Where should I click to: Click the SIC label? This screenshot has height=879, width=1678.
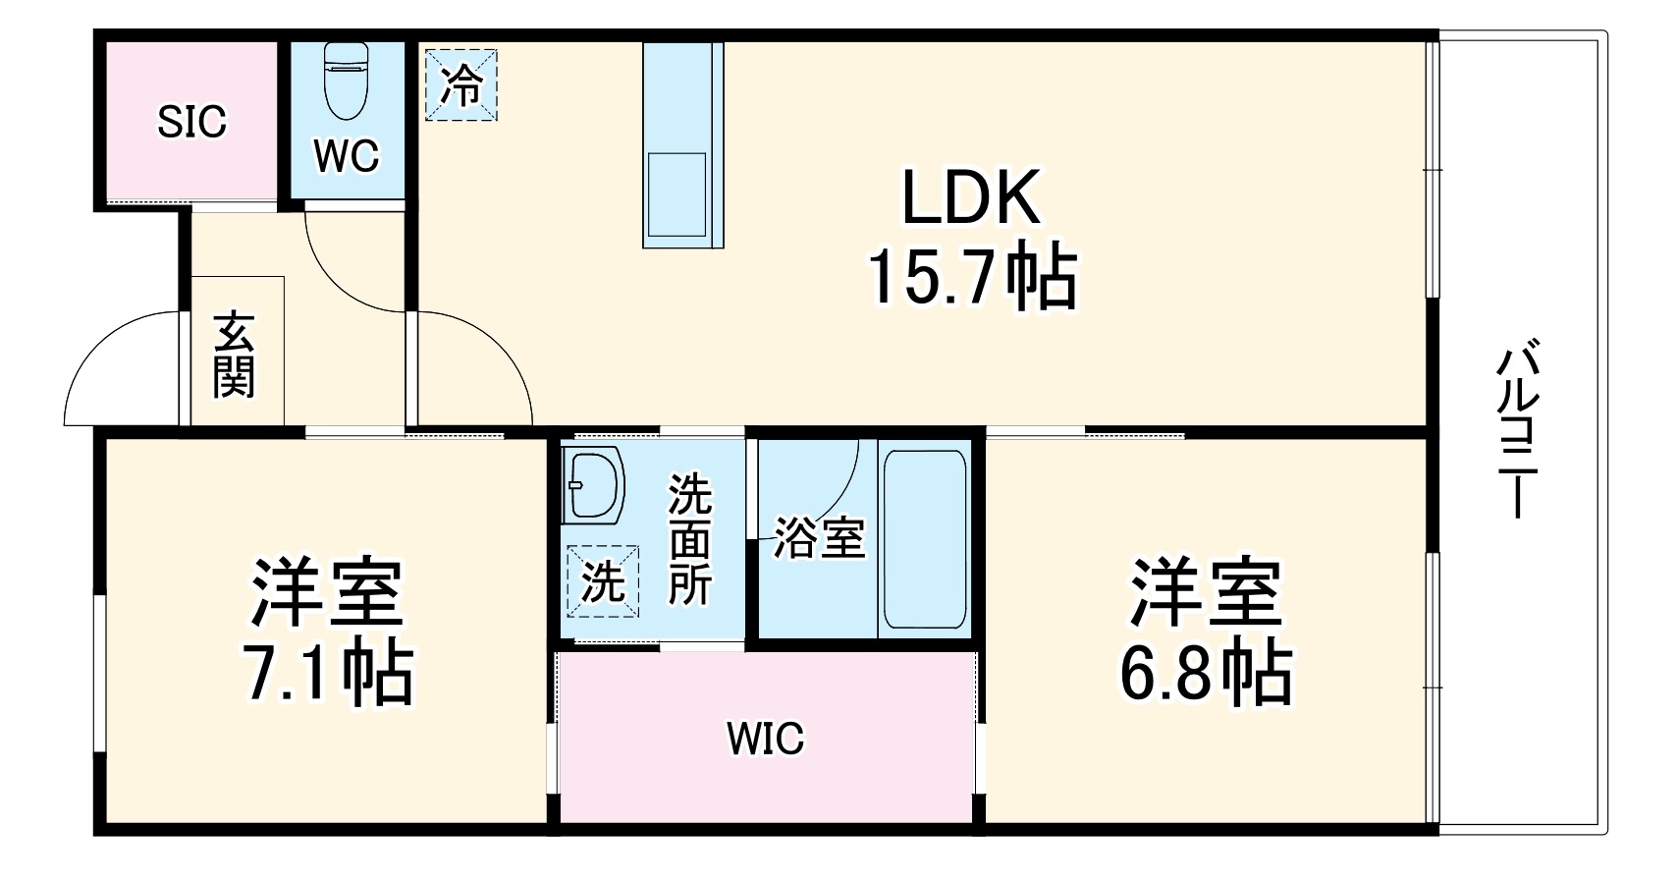tap(192, 122)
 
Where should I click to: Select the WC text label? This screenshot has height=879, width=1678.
tap(347, 155)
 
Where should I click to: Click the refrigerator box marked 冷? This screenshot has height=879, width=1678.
tap(461, 84)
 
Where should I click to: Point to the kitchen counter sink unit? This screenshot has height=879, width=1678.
tap(682, 145)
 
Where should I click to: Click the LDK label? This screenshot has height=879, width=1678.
tap(970, 198)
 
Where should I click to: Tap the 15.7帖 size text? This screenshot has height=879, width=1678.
tap(970, 277)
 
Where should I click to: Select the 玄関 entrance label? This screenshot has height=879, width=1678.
tap(235, 355)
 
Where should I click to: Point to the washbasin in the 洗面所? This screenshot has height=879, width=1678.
tap(595, 486)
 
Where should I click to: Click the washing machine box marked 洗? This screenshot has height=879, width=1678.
tap(601, 582)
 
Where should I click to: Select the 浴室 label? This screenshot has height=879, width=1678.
tap(818, 536)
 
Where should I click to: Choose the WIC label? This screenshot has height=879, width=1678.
tap(765, 738)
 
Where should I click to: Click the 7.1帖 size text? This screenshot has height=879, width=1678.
tap(328, 673)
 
